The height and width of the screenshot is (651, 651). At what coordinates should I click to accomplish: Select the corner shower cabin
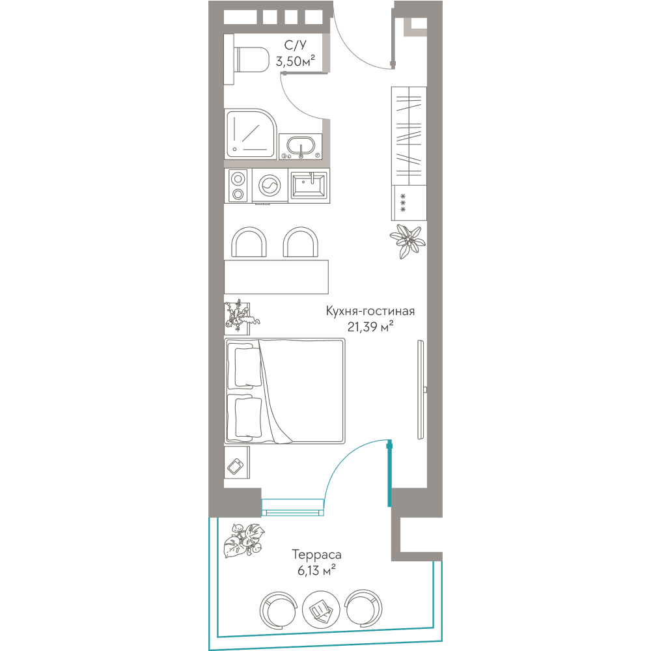click(x=251, y=133)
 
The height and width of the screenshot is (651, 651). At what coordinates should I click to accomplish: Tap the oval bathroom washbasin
click(x=301, y=146)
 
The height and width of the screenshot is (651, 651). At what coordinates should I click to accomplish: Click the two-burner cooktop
click(x=238, y=186)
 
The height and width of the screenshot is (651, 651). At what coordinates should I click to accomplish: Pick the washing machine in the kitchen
click(x=270, y=186)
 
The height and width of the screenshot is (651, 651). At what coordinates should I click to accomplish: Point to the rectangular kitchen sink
click(x=309, y=185)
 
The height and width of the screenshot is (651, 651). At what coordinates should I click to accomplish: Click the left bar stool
click(x=249, y=242)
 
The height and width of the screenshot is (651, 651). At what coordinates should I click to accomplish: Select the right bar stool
click(x=301, y=242)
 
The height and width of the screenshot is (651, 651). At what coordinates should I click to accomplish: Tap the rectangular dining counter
click(x=276, y=277)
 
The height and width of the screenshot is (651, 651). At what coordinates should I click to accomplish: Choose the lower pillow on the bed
click(x=248, y=417)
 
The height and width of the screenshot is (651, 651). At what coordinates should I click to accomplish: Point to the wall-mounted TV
click(x=421, y=389)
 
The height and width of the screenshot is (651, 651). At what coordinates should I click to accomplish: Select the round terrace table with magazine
click(x=321, y=609)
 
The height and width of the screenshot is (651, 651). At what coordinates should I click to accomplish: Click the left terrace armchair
click(x=279, y=610)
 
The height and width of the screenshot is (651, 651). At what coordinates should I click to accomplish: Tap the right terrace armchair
click(x=363, y=608)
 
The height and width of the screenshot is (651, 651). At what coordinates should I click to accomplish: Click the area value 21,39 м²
click(x=370, y=327)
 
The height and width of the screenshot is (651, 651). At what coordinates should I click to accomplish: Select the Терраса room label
click(x=316, y=554)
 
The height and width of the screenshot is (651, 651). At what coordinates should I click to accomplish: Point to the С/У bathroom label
click(x=295, y=45)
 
